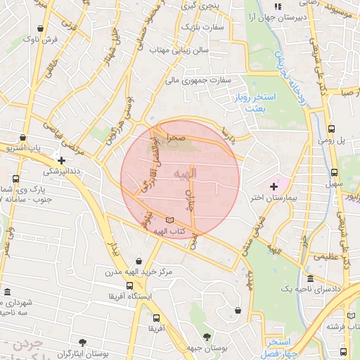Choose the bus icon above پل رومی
[331, 129]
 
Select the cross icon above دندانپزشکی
[62, 160]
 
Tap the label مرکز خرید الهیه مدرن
[135, 271]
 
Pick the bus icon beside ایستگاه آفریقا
[129, 285]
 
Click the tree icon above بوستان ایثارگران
[82, 342]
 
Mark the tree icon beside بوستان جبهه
[206, 337]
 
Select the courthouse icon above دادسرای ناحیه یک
[310, 278]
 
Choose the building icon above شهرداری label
[7, 292]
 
